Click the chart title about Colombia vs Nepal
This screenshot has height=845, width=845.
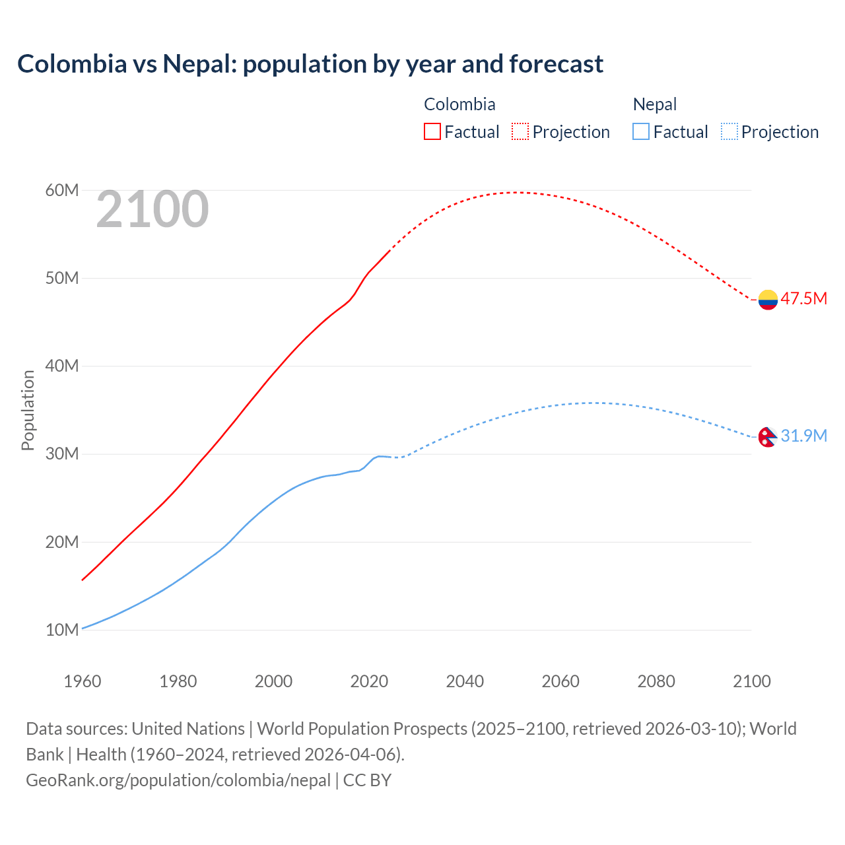310,64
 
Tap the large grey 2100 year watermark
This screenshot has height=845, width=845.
152,210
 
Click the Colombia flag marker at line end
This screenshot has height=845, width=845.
768,300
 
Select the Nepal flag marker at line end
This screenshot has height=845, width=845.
767,436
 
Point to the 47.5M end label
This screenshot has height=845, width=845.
803,298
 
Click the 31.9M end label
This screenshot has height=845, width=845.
803,436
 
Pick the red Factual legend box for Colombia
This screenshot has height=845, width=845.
432,131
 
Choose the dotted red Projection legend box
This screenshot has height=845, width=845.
520,131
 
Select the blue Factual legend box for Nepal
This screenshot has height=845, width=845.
641,131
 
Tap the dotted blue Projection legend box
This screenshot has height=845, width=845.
729,131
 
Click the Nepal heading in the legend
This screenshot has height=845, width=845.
655,104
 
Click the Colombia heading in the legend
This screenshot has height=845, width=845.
459,104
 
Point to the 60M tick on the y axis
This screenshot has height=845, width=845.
62,191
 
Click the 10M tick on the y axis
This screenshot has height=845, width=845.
62,630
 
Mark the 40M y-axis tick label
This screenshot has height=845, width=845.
62,366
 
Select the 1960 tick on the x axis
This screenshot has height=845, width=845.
83,681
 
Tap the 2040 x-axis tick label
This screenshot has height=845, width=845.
465,681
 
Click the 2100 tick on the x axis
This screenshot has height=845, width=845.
752,681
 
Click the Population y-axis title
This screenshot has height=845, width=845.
28,410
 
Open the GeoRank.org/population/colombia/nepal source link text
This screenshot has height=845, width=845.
178,780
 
